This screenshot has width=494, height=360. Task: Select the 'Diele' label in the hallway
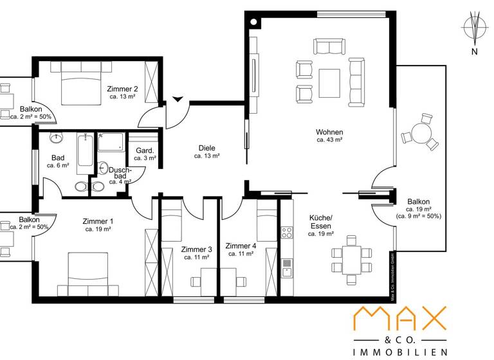[x=206, y=148]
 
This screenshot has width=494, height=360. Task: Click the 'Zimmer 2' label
[x=122, y=89]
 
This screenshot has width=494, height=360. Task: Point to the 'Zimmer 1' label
[x=98, y=221]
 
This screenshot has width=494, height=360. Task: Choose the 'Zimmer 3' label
[x=196, y=249]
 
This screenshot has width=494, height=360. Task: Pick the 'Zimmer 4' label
[x=241, y=246]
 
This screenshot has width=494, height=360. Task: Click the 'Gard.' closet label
[x=143, y=150]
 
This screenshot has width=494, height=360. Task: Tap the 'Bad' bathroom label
[x=57, y=157]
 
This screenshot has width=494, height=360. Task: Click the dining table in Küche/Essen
[x=352, y=255]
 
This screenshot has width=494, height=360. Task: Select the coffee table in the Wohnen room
[x=331, y=82]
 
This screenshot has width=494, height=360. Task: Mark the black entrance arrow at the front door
[x=178, y=99]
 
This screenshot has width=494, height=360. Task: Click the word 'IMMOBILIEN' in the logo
[x=400, y=352]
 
